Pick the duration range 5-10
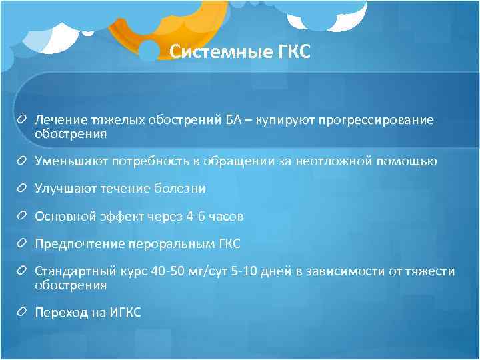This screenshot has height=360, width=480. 249,272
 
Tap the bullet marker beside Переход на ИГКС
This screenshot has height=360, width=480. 23,313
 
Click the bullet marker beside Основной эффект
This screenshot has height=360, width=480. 23,217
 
